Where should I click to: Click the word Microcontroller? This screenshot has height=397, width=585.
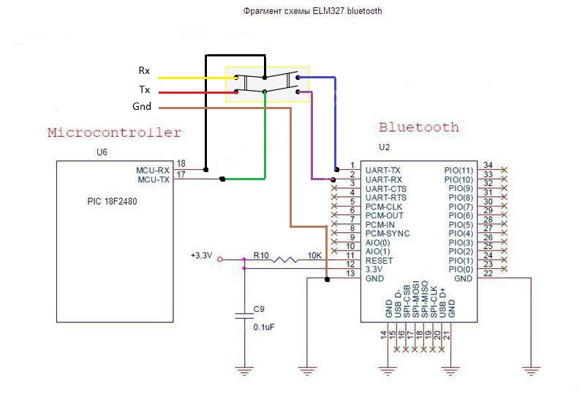point(114,133)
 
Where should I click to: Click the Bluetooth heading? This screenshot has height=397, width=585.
point(419,127)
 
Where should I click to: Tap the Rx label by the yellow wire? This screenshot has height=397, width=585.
point(144,71)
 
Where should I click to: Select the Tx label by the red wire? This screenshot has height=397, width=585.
point(144,89)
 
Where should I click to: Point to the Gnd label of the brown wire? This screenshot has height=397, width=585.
point(142,107)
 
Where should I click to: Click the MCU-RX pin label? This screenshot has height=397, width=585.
point(153,170)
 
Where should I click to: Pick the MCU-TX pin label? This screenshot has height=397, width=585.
point(153,179)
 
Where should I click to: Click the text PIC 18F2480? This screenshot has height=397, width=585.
point(106,199)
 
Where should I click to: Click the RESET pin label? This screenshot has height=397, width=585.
point(378,260)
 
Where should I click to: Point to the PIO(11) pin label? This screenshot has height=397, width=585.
point(458,170)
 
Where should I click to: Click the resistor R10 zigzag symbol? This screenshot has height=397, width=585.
point(286,259)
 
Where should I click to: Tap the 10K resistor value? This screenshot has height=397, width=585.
point(315,255)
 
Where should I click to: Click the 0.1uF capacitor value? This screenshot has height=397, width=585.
point(263,327)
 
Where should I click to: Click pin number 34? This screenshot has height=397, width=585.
point(487,165)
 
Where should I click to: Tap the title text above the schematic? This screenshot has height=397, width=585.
point(312,12)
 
